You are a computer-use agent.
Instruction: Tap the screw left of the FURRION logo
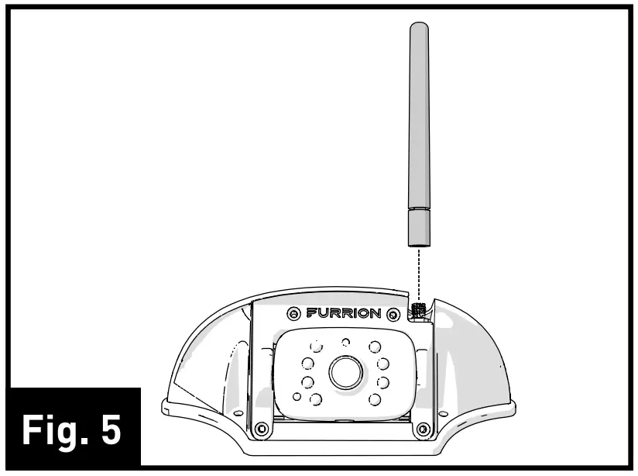294,315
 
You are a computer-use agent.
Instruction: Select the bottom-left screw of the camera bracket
262,428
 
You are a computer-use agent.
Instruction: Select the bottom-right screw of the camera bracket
423,428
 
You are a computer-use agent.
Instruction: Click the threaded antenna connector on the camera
418,309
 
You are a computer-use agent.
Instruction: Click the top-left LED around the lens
316,347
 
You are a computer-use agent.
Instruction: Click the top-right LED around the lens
375,347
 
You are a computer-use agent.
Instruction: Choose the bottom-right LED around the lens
376,398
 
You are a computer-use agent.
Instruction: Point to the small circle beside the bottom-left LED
297,397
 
